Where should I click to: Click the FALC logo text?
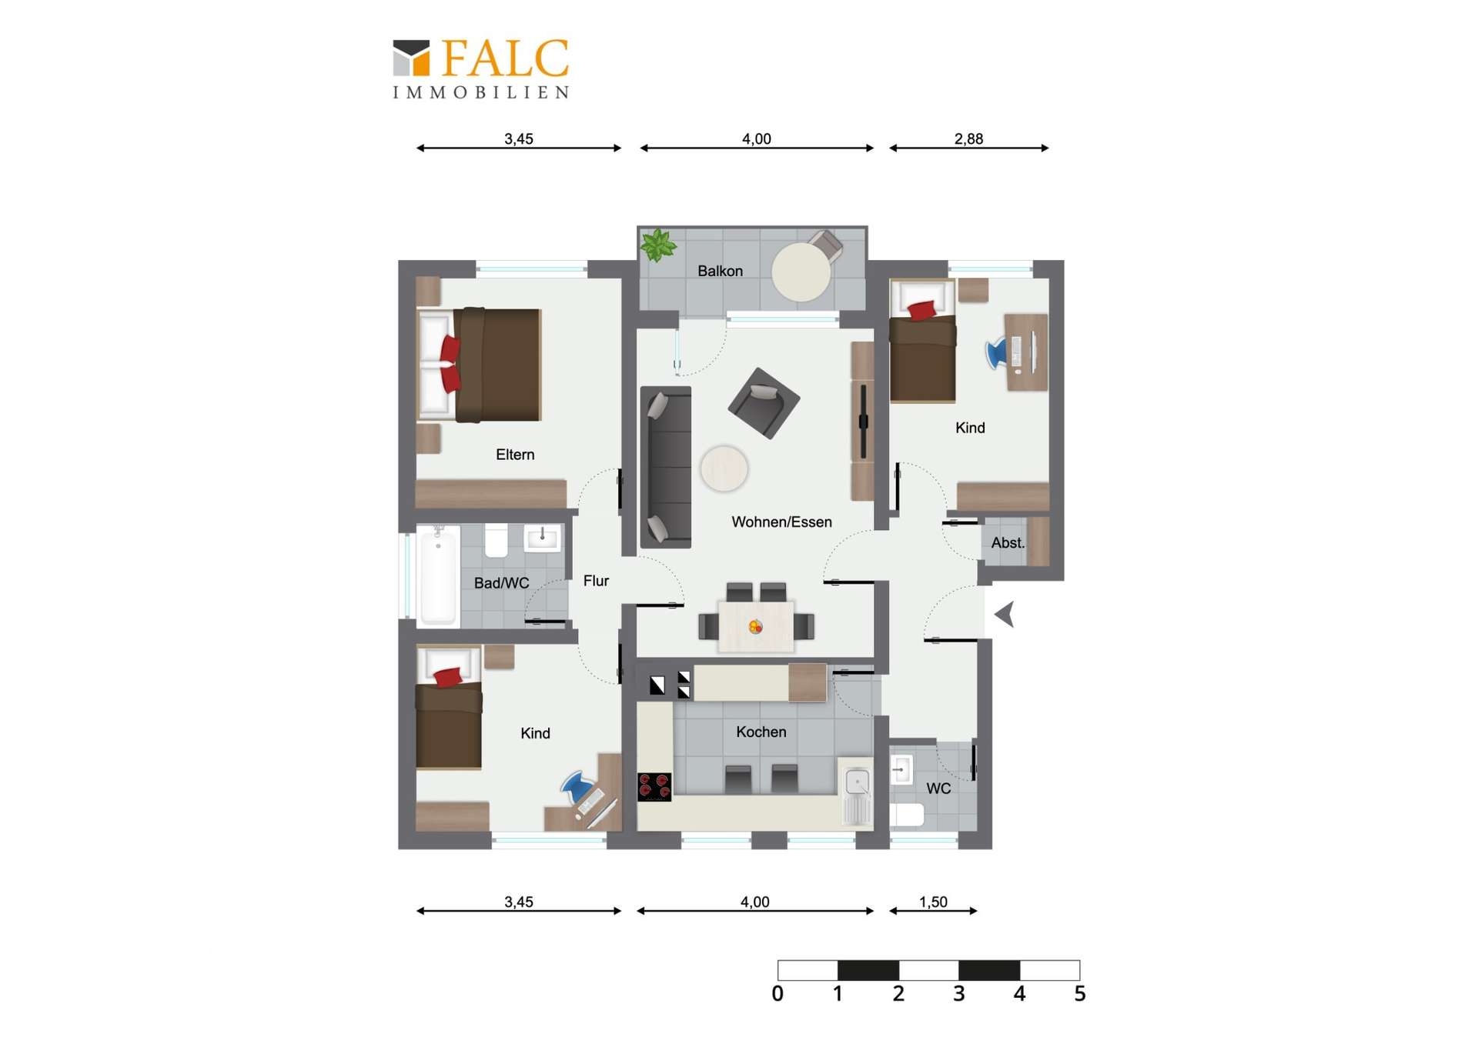point(504,58)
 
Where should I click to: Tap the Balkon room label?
point(720,271)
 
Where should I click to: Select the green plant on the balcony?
point(658,245)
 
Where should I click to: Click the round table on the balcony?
point(801,272)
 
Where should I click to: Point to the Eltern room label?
point(514,455)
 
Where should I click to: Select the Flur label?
point(596,581)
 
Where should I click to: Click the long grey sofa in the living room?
point(666,467)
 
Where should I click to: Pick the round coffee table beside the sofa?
point(724,469)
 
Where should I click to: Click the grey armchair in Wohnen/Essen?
point(764,403)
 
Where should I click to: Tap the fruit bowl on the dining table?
point(755,627)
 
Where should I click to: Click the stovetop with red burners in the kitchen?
point(654,786)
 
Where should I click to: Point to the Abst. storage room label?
point(1007,543)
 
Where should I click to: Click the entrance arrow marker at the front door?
point(1005,614)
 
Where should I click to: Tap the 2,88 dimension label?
point(968,139)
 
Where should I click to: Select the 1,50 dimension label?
point(933,902)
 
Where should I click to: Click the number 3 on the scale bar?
point(958,994)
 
